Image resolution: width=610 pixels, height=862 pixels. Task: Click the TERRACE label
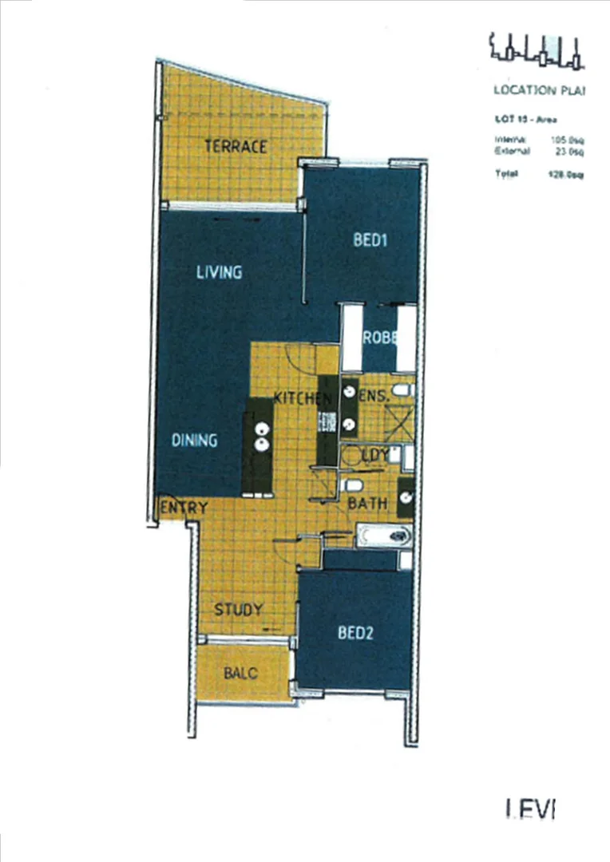pyautogui.click(x=235, y=147)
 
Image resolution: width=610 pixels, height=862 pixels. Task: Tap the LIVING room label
pyautogui.click(x=219, y=272)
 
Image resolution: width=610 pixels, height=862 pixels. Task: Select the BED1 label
pyautogui.click(x=370, y=242)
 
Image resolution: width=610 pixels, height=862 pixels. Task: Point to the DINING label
pyautogui.click(x=194, y=440)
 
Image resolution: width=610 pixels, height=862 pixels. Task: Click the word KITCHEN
pyautogui.click(x=303, y=397)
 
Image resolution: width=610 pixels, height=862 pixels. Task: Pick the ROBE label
pyautogui.click(x=379, y=338)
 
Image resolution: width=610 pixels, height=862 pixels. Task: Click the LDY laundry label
pyautogui.click(x=375, y=456)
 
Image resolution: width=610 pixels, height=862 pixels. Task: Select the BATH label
pyautogui.click(x=367, y=504)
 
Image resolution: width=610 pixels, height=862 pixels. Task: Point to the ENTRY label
pyautogui.click(x=184, y=508)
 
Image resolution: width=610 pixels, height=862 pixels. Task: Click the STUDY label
pyautogui.click(x=238, y=610)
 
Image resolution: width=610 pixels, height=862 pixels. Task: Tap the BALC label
pyautogui.click(x=240, y=674)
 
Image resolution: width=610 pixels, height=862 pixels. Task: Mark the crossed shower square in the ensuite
pyautogui.click(x=397, y=424)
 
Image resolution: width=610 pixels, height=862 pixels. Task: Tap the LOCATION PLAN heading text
pyautogui.click(x=540, y=90)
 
